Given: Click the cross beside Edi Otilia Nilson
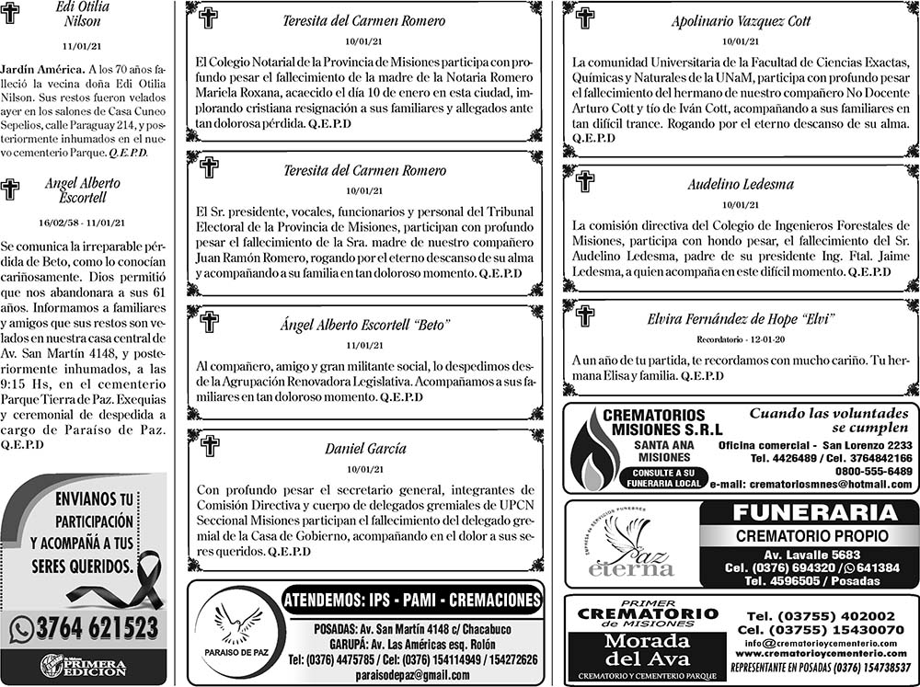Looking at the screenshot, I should click(x=10, y=12).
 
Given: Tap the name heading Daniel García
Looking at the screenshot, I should click(x=365, y=449).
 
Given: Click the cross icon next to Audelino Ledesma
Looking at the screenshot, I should click(x=585, y=181).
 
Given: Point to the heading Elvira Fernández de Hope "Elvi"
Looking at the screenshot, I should click(x=741, y=319).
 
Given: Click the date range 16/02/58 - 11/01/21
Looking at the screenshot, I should click(x=83, y=223).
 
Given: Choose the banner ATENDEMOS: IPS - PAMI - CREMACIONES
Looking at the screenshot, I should click(x=412, y=601).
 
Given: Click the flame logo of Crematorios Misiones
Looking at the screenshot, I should click(x=593, y=453).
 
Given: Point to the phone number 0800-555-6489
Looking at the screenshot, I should click(x=872, y=471).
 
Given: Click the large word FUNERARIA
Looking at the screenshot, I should click(x=809, y=513).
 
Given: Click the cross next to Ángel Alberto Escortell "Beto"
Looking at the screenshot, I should click(x=210, y=322).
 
